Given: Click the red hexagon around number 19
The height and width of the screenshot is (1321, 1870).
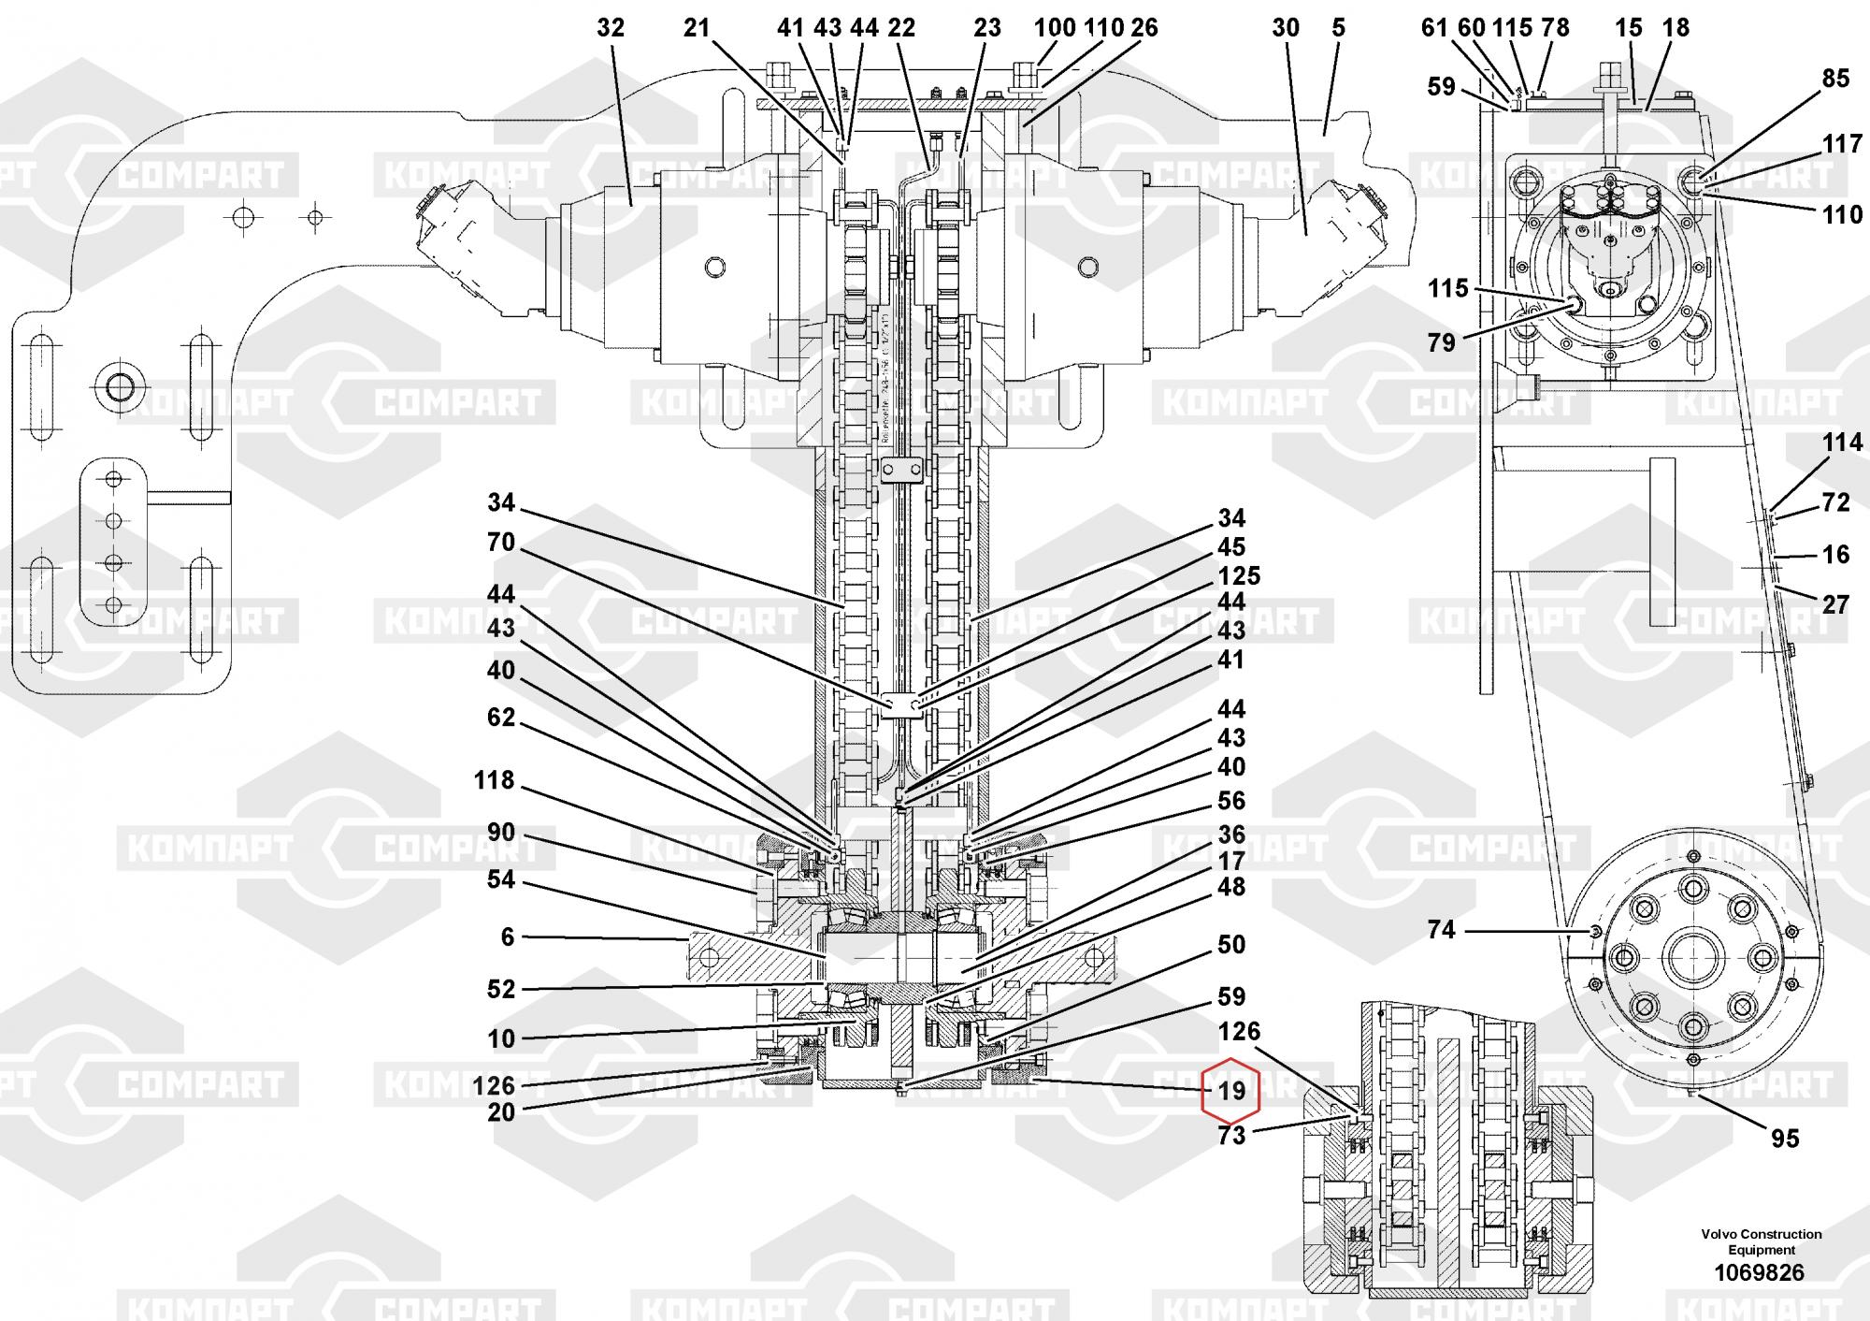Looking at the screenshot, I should coord(1231,1091).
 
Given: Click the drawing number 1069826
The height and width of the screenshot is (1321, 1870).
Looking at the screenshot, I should coord(1759,1272).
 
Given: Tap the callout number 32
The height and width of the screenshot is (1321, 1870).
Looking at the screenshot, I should coord(610,28).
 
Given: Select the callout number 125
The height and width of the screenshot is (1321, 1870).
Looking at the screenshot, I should coord(1239,575).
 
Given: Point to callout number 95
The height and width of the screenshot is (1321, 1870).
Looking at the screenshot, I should coord(1785,1138).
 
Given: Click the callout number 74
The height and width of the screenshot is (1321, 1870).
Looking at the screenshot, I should coord(1441,929).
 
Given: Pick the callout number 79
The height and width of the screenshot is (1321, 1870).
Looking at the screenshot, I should coord(1441,342).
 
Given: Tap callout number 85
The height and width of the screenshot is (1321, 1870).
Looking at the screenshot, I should coord(1835,79).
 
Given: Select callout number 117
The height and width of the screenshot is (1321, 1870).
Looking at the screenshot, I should coord(1842,144).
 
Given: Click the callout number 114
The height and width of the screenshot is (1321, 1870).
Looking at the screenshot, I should coord(1842,442).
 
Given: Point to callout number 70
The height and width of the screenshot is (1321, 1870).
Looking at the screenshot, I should coord(501,542).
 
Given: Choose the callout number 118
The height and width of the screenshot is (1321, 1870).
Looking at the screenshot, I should coord(494,779).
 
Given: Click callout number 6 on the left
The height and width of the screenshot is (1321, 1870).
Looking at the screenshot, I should coord(508,936).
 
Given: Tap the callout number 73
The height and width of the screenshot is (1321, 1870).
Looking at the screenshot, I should coord(1231,1136).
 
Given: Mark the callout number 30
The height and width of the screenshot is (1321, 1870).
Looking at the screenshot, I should coord(1286,28).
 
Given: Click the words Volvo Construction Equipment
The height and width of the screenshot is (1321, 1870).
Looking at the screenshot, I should coord(1761,1241).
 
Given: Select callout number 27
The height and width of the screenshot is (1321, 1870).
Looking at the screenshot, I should coord(1835,604).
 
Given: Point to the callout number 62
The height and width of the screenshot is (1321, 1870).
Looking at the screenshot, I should coord(501,717).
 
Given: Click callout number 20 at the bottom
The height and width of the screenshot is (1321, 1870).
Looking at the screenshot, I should coord(501,1111).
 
